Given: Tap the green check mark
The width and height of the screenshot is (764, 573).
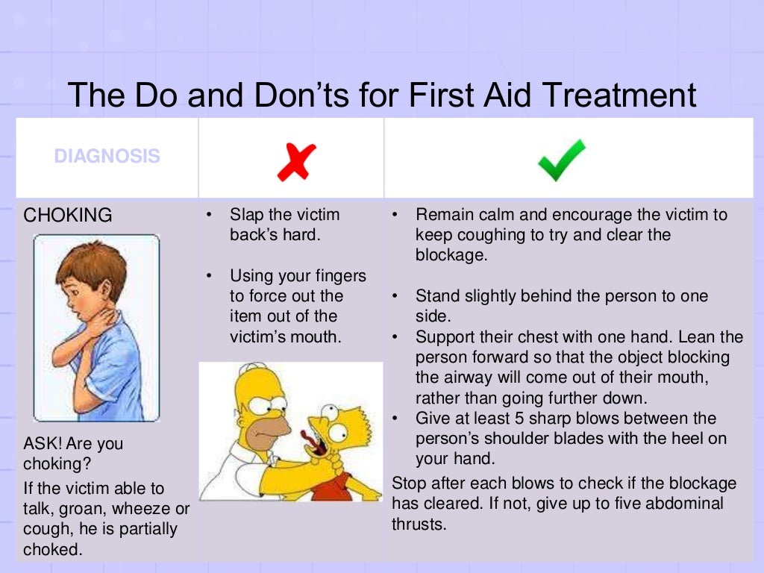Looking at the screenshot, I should click(x=561, y=160).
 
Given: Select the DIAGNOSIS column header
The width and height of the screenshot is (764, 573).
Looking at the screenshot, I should click(x=107, y=157).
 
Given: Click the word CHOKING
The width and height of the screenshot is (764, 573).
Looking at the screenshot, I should click(x=68, y=216).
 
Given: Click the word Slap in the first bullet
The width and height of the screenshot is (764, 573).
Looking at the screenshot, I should click(x=246, y=215).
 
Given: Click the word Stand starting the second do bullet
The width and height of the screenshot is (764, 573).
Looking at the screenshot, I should click(x=436, y=296).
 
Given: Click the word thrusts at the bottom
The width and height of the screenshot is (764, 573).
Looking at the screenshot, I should click(x=419, y=524).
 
